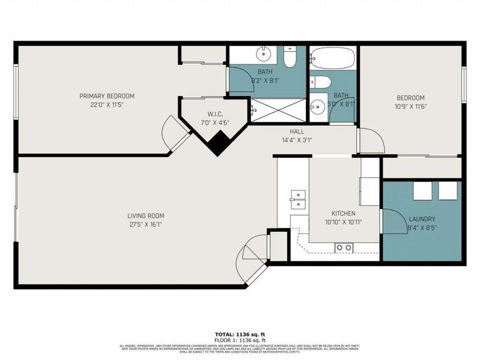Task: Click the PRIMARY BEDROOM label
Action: point(107,96)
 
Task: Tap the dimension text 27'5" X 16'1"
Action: point(145,224)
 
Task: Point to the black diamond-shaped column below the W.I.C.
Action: point(217,144)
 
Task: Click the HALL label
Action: point(296,131)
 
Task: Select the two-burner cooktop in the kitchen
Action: point(344,247)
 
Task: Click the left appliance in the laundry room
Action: point(423,190)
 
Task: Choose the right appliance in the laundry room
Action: point(448,190)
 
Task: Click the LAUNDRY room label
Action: point(422,220)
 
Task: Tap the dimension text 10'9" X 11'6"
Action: point(410,107)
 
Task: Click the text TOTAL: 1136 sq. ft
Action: point(240,334)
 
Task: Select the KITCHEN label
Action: point(343,214)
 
